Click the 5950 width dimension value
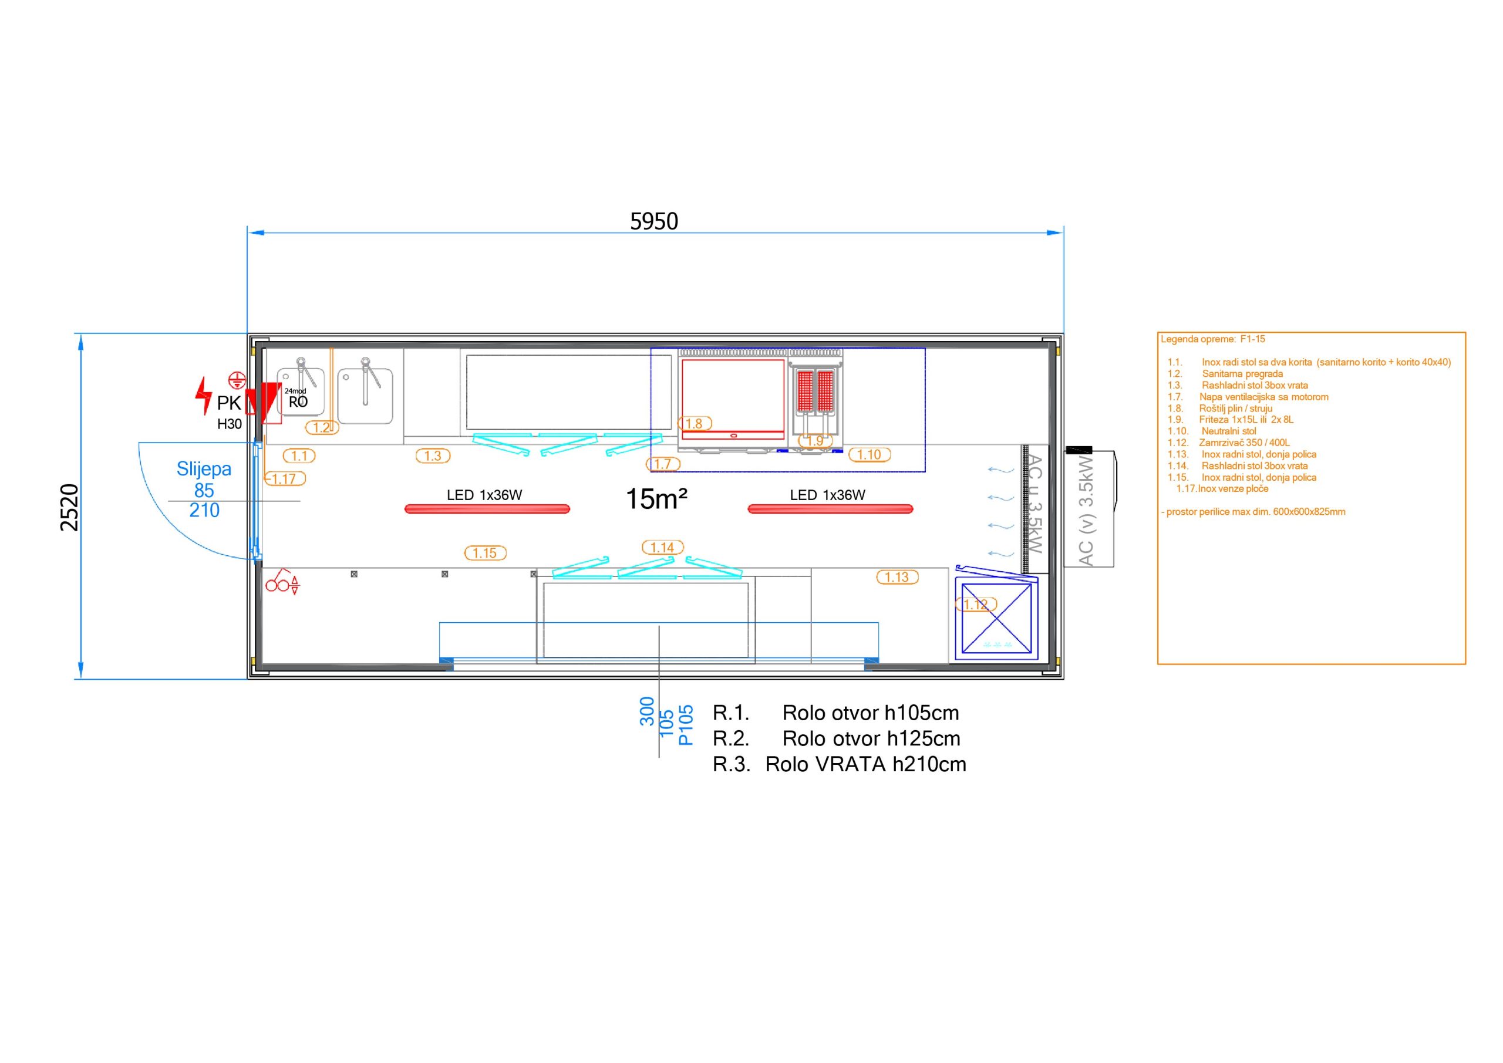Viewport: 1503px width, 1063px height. (653, 222)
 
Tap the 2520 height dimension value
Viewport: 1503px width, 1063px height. (69, 507)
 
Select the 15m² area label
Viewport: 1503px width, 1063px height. (656, 499)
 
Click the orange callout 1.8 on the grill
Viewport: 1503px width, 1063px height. (695, 424)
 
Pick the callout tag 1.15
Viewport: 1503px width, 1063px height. (485, 553)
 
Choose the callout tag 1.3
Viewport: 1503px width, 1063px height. (433, 455)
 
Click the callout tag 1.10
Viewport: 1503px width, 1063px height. (870, 454)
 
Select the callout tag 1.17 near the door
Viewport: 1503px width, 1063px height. (285, 478)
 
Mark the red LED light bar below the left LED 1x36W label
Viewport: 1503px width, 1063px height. (487, 508)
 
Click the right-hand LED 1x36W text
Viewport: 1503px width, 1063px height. (827, 495)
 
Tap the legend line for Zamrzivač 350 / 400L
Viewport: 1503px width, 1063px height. (1229, 443)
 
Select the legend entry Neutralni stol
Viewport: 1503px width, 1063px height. (1212, 431)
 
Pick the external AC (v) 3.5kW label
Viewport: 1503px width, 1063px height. (1086, 511)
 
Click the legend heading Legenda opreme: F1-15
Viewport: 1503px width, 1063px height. (1212, 339)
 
